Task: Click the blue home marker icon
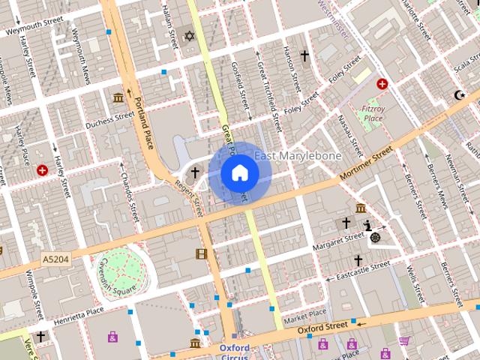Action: pyautogui.click(x=239, y=173)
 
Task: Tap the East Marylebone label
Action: pyautogui.click(x=298, y=156)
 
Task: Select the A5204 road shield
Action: pyautogui.click(x=55, y=259)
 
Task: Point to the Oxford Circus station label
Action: pyautogui.click(x=235, y=352)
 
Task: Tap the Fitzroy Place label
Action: pyautogui.click(x=372, y=113)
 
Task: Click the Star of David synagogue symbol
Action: pyautogui.click(x=189, y=36)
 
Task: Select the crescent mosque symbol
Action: pyautogui.click(x=460, y=95)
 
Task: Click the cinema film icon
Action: pyautogui.click(x=200, y=253)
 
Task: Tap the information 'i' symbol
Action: pyautogui.click(x=367, y=224)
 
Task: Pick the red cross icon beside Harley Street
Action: pyautogui.click(x=42, y=170)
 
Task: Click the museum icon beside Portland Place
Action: pyautogui.click(x=118, y=97)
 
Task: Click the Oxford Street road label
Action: pyautogui.click(x=322, y=327)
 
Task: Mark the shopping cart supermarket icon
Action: pyautogui.click(x=404, y=340)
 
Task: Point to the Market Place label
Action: pyautogui.click(x=304, y=313)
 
